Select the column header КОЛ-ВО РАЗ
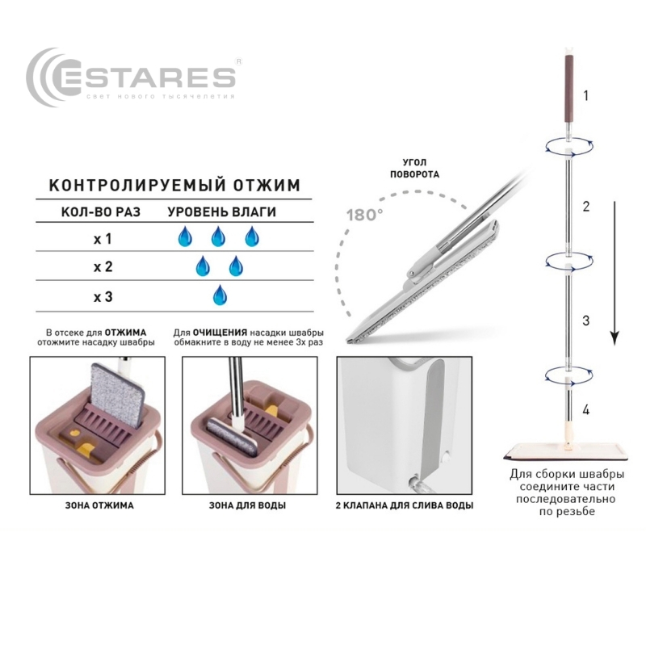tap(101, 212)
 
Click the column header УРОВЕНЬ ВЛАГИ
tap(221, 212)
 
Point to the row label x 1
tap(103, 239)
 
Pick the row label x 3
tap(103, 297)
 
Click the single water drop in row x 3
tap(220, 295)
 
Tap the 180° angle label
tap(364, 215)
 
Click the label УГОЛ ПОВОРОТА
tap(414, 169)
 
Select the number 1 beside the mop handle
tap(586, 96)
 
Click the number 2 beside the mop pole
tap(586, 207)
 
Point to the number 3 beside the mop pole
tap(586, 321)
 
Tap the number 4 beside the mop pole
tap(586, 409)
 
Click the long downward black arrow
tap(615, 273)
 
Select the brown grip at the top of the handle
tap(567, 88)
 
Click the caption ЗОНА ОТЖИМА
tap(99, 505)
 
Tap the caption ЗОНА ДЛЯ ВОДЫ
tap(247, 505)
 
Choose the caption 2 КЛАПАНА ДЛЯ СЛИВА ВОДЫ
tap(405, 505)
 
